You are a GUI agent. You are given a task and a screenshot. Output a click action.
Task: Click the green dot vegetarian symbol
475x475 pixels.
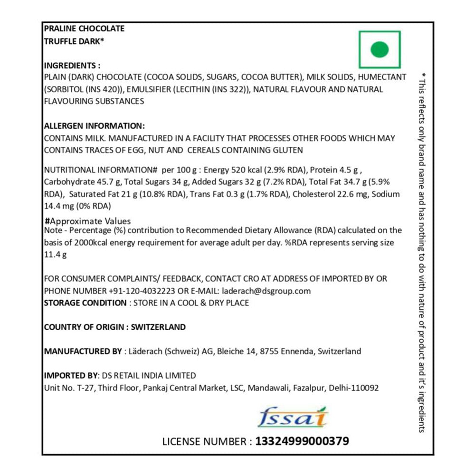coord(380,49)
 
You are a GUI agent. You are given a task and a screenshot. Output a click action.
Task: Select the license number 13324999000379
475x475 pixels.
coord(302,441)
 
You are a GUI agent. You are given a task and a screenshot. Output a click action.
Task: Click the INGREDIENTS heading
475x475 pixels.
coord(72,66)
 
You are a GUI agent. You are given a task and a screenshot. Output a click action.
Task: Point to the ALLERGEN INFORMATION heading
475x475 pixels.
coord(94,126)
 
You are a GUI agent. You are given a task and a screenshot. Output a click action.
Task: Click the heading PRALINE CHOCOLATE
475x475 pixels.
coord(84,28)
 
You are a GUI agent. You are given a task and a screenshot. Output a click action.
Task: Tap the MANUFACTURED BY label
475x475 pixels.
coord(83,351)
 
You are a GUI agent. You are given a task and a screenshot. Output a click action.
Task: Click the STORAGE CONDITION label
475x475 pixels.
coord(85,303)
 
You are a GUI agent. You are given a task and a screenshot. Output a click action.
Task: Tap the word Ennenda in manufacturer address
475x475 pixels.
coord(298,351)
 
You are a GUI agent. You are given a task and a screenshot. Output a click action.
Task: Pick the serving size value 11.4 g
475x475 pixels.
coord(55,255)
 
